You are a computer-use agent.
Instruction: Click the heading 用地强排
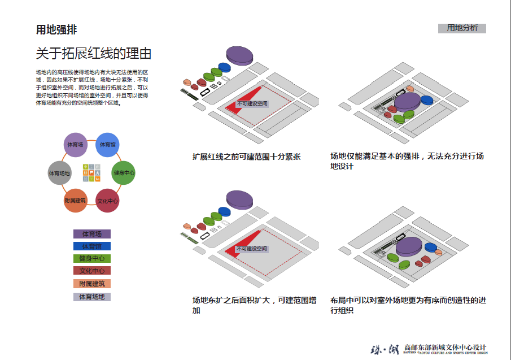[x=56, y=30]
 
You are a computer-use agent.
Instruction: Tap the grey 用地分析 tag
[x=462, y=28]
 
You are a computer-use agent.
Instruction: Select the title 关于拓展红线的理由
[x=94, y=54]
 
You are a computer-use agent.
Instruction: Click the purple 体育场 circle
[x=75, y=145]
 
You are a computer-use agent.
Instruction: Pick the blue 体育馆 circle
[x=107, y=145]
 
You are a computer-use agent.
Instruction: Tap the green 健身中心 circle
[x=124, y=172]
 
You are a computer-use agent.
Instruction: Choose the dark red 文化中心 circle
[x=107, y=201]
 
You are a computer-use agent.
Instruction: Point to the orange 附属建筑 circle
[x=75, y=201]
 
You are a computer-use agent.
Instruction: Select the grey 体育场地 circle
[x=59, y=173]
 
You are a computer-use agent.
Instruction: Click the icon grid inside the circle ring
[x=91, y=173]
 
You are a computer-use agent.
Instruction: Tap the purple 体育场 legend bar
[x=92, y=234]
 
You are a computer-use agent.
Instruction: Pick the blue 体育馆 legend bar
[x=92, y=246]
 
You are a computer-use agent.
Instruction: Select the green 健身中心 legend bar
[x=92, y=259]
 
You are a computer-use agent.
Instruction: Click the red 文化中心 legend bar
[x=92, y=271]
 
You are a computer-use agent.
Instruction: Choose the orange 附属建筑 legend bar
[x=92, y=284]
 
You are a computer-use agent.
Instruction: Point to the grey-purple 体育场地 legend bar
[x=92, y=297]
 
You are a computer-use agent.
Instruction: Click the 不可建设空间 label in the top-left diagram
[x=252, y=103]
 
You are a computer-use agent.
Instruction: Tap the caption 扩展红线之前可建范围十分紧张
[x=247, y=157]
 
